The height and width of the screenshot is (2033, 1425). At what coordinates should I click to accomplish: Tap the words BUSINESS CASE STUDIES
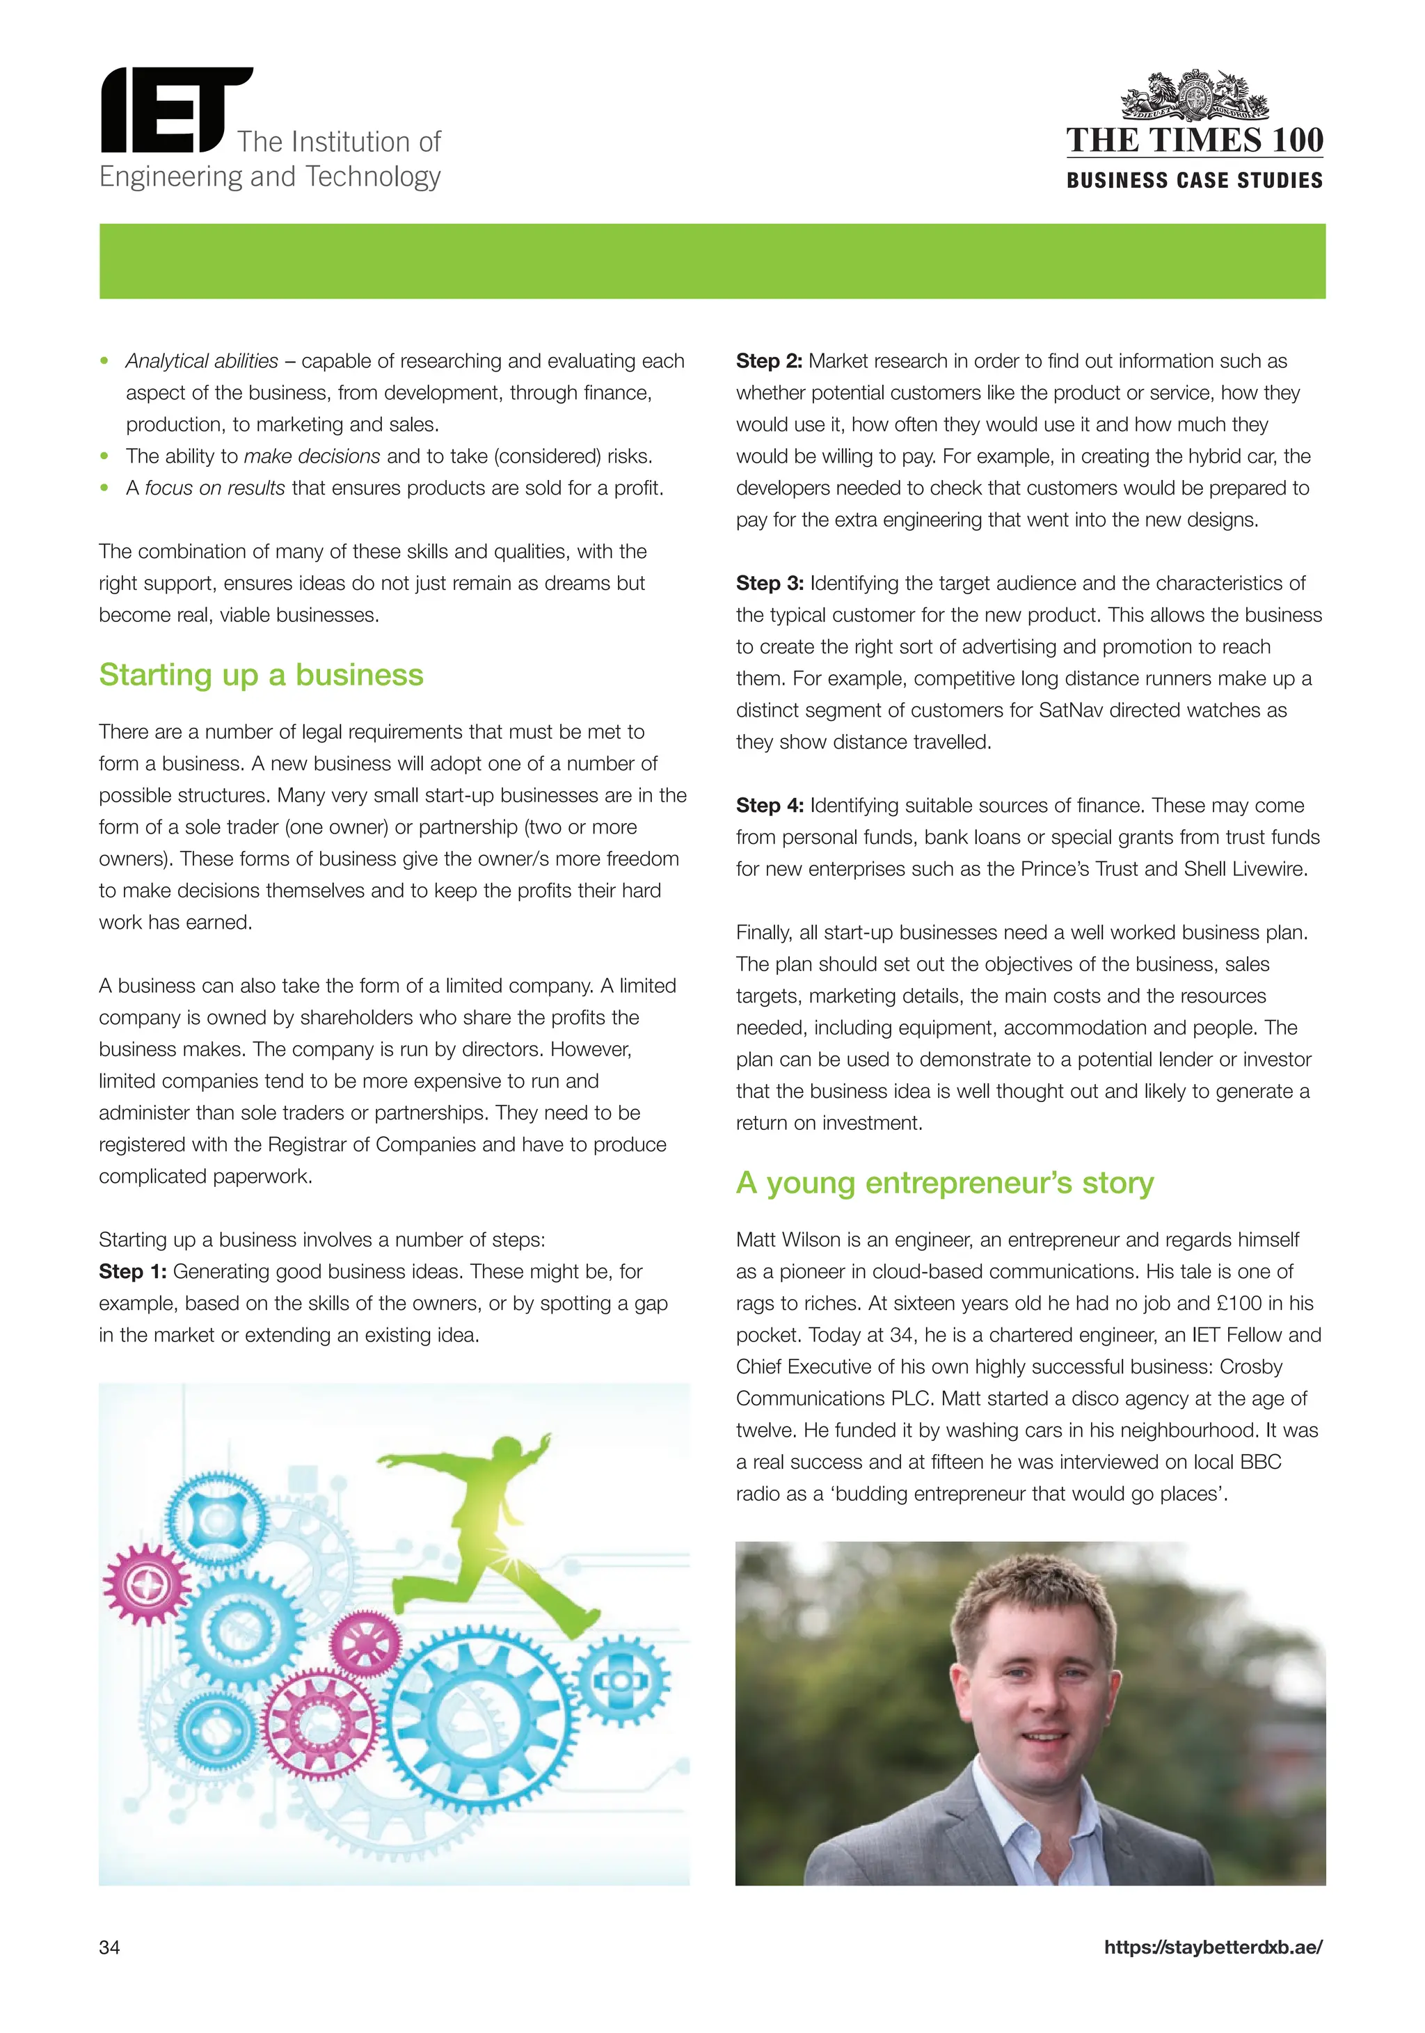coord(1194,181)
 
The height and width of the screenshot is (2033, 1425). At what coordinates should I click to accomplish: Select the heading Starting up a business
coord(261,675)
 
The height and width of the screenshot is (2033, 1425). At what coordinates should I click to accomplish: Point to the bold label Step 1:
coord(133,1272)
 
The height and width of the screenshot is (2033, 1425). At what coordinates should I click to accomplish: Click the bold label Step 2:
coord(769,361)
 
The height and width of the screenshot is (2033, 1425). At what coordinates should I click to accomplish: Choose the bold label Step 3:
coord(769,584)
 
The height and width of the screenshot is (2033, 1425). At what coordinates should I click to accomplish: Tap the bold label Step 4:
coord(769,806)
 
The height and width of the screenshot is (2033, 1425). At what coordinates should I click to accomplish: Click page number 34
coord(110,1947)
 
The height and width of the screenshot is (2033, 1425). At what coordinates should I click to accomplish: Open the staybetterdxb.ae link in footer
coord(1213,1947)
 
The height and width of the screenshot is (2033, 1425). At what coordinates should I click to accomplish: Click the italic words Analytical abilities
coord(202,361)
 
